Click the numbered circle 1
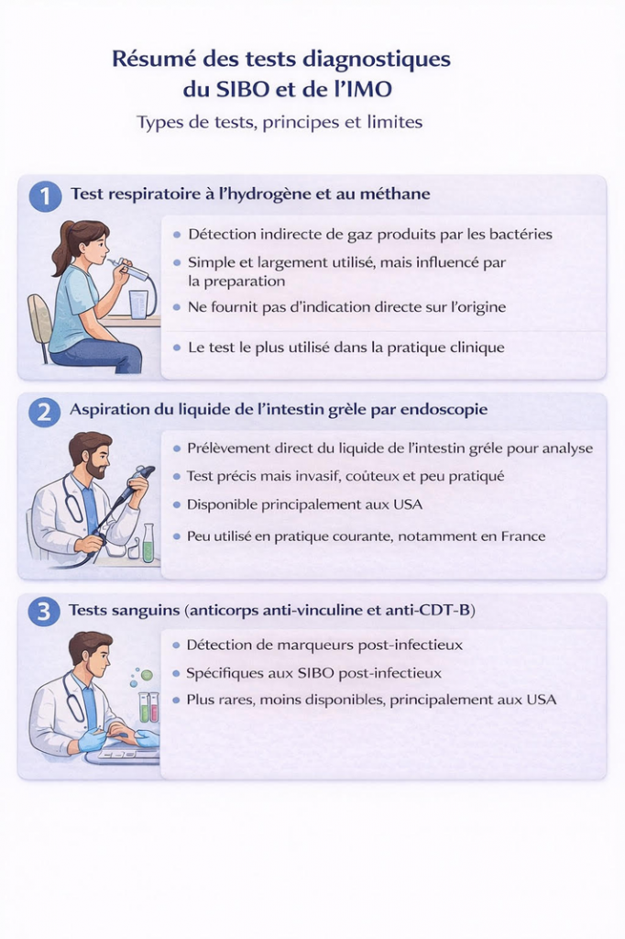pyautogui.click(x=45, y=195)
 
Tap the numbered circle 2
pyautogui.click(x=44, y=412)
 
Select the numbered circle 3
pyautogui.click(x=44, y=612)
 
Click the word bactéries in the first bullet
pyautogui.click(x=521, y=234)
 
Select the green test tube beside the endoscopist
pyautogui.click(x=148, y=544)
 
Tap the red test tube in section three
pyautogui.click(x=155, y=707)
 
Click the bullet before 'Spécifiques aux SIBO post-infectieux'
pyautogui.click(x=176, y=674)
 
